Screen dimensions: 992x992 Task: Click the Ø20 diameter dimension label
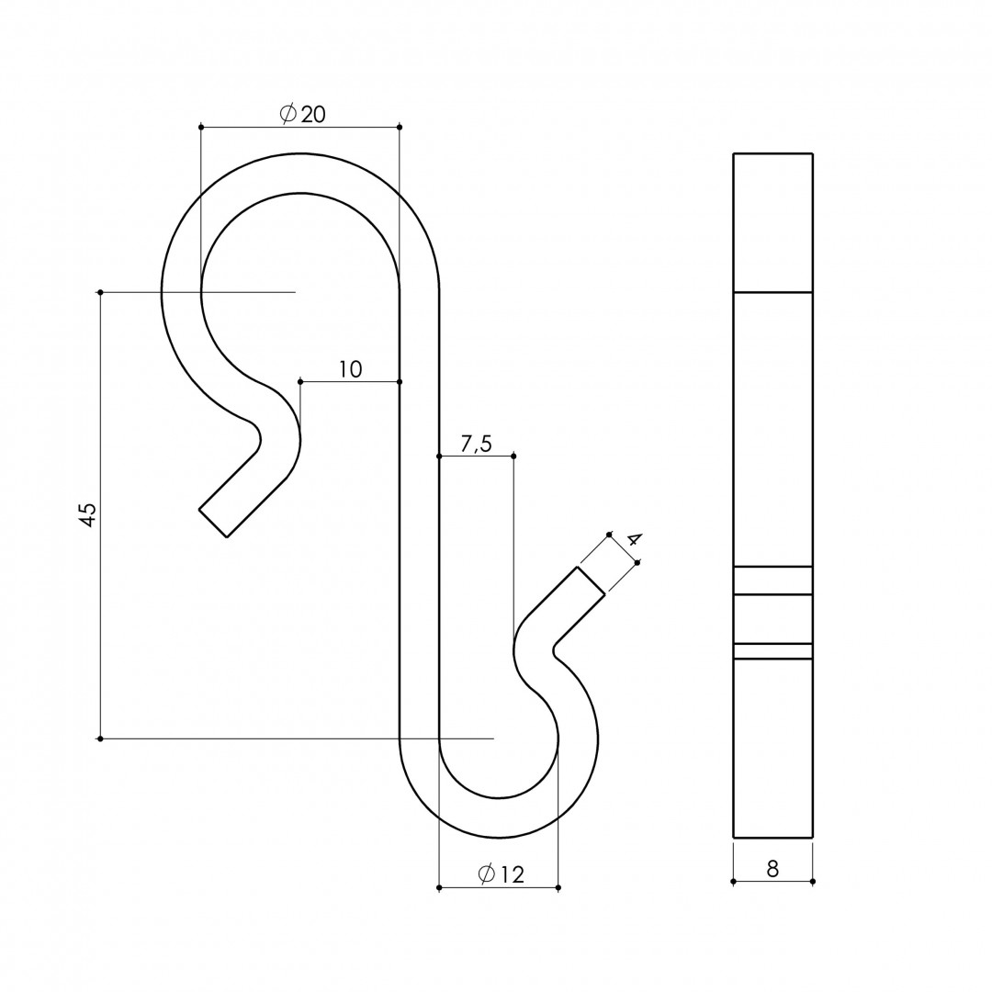[302, 114]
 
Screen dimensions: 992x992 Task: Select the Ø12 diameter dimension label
[502, 874]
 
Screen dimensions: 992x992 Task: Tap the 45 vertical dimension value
[88, 514]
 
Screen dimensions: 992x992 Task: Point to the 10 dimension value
[351, 369]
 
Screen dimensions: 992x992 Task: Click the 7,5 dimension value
[476, 445]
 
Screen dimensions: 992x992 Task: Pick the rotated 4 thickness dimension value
[634, 540]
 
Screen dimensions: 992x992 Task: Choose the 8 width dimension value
[772, 869]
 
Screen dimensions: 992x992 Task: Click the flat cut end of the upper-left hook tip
[213, 523]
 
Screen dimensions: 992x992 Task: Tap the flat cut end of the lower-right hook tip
[591, 581]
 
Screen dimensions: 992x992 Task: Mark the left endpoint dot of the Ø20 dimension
[201, 127]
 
